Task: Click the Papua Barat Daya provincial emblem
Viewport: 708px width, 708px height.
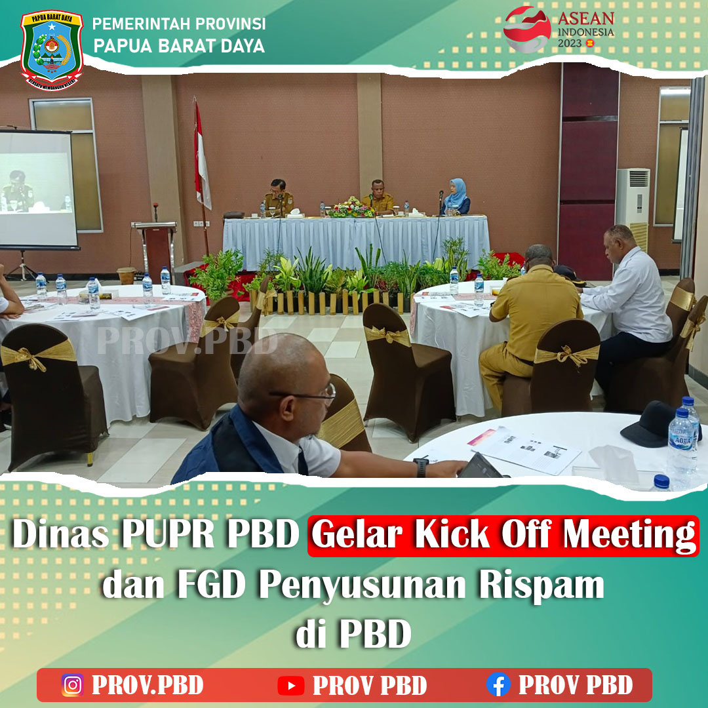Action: pos(52,50)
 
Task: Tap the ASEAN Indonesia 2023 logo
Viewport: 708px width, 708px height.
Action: pos(559,29)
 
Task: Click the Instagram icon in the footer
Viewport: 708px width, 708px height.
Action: pos(73,684)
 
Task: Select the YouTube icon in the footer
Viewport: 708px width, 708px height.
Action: pos(291,686)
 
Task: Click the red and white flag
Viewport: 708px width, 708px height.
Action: pos(201,158)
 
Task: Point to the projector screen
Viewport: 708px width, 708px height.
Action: pos(38,189)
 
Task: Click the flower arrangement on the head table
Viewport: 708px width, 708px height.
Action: pos(351,207)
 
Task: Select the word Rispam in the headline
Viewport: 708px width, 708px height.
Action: pos(541,585)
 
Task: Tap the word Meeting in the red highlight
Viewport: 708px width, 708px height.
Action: pos(629,536)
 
